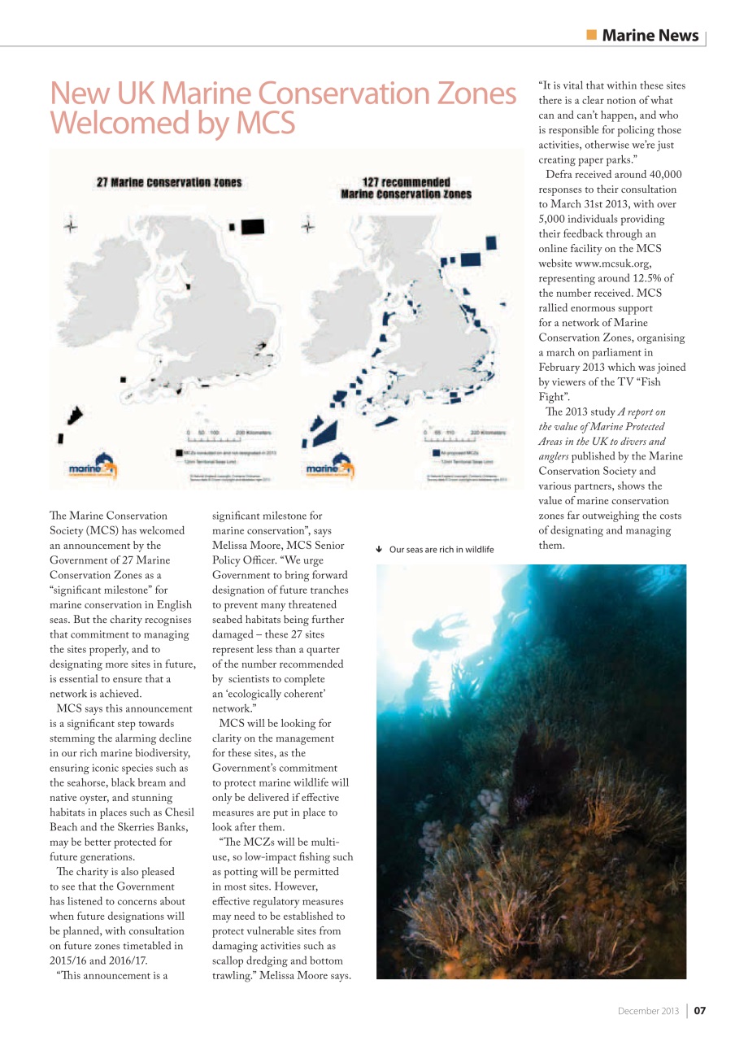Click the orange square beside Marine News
[591, 35]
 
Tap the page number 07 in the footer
[699, 1011]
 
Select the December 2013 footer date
[647, 1011]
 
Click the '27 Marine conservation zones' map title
[169, 182]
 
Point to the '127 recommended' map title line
[405, 182]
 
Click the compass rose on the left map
[72, 227]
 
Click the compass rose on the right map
[308, 227]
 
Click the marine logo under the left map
[92, 468]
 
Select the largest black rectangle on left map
[253, 225]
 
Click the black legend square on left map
[178, 451]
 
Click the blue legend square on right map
[436, 451]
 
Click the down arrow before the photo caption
[381, 550]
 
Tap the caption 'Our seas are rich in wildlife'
[441, 550]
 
